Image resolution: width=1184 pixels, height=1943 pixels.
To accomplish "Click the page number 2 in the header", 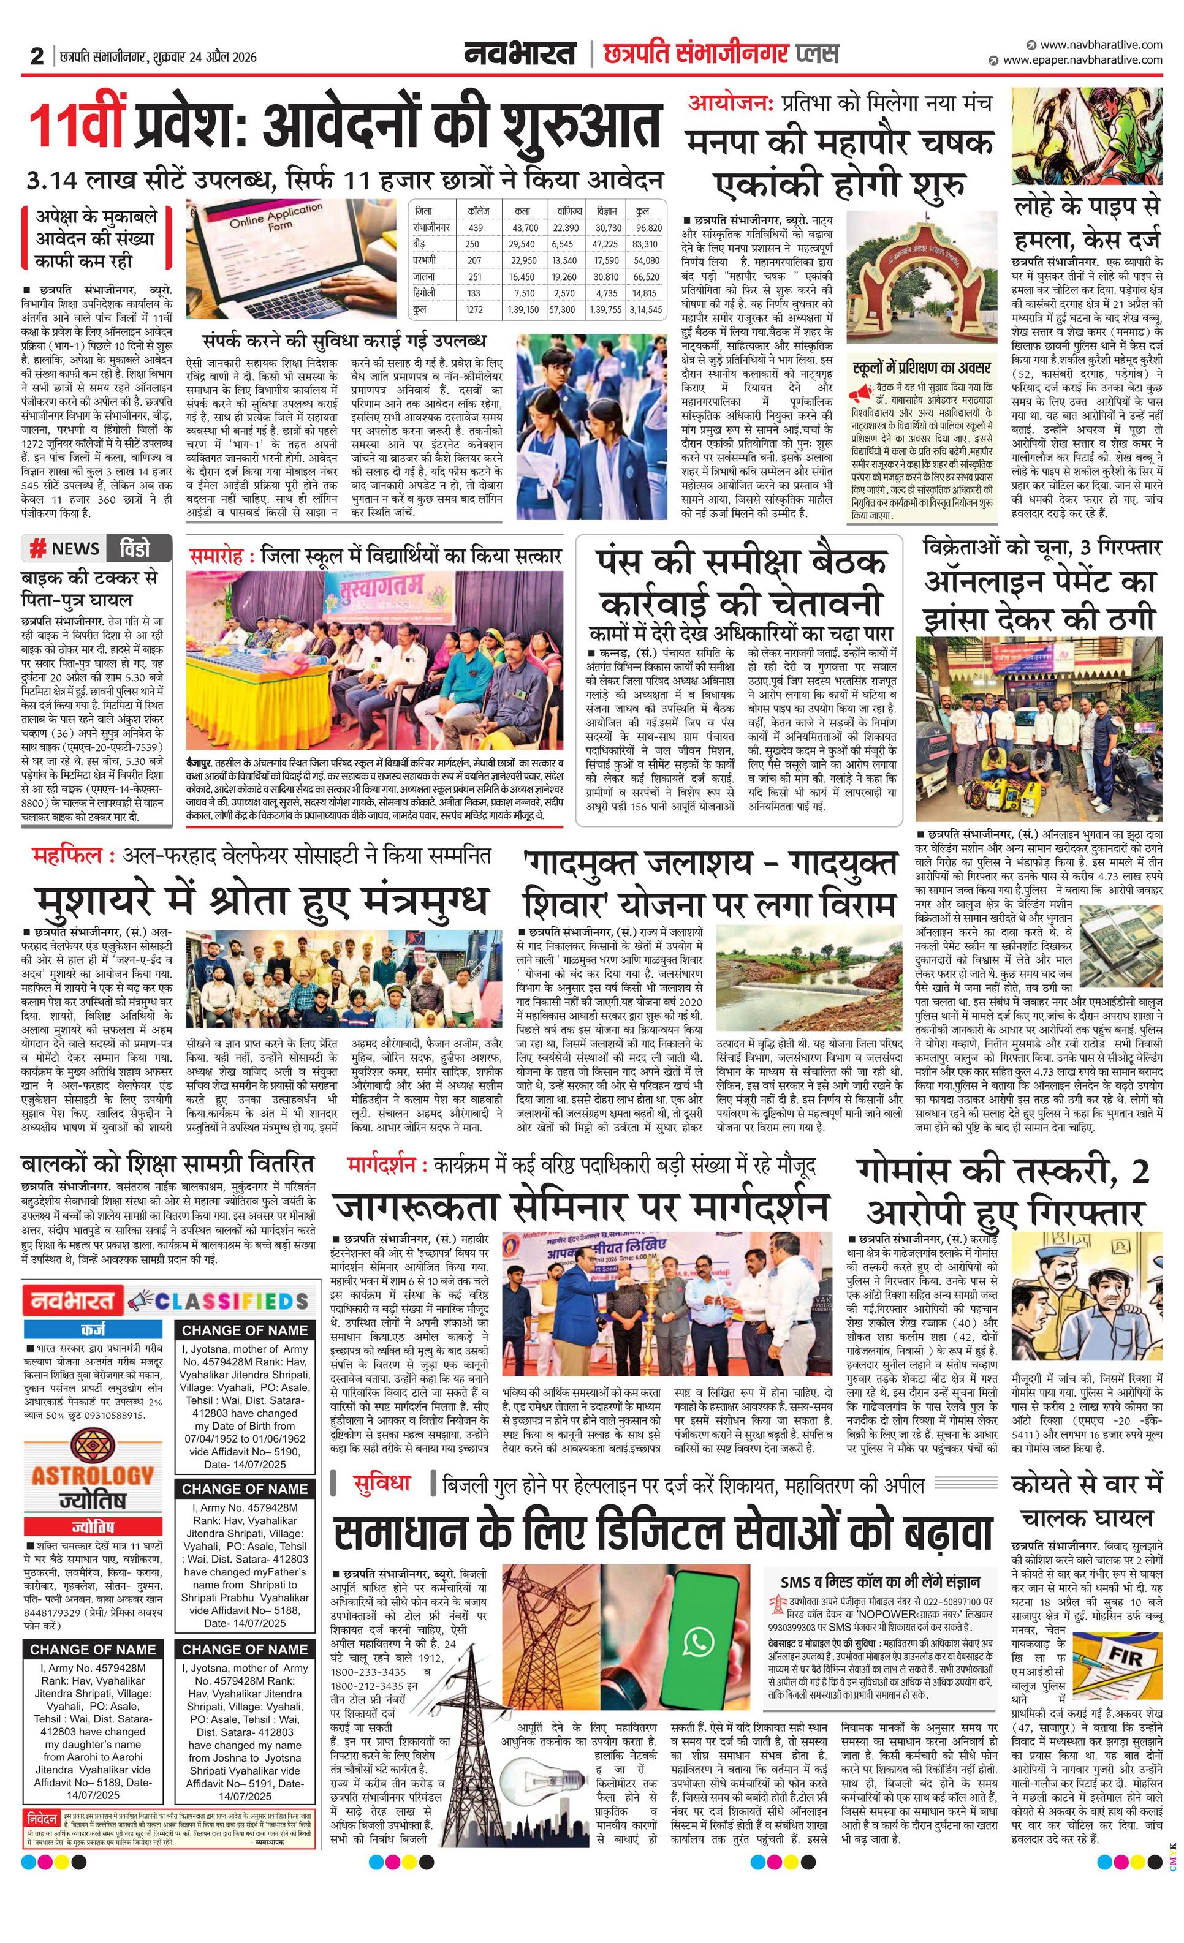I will point(36,56).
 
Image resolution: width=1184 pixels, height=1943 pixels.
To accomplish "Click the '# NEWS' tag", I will point(65,548).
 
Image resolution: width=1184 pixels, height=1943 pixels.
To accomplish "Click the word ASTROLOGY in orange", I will point(93,1474).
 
